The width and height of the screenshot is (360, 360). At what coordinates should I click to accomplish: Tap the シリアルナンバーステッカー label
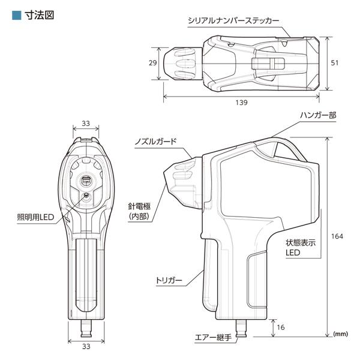tap(233, 20)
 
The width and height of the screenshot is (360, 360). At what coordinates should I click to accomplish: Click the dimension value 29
tap(152, 62)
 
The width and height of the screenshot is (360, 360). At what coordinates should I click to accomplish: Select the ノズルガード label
tap(156, 142)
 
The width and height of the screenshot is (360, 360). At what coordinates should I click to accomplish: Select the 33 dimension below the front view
tap(85, 346)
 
